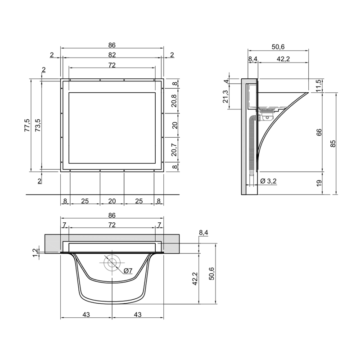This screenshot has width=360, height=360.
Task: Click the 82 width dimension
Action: click(112, 55)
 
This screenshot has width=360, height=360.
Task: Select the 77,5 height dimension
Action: click(27, 125)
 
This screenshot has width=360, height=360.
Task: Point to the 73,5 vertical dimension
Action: click(38, 125)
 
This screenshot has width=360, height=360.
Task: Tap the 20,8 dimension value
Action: click(175, 101)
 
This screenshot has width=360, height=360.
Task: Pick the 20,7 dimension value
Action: click(175, 150)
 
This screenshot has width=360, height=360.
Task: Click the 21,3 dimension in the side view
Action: click(225, 96)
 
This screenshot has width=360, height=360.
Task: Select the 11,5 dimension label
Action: click(319, 85)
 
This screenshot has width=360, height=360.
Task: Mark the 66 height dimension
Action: click(319, 132)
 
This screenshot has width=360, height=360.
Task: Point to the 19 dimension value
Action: click(319, 183)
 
